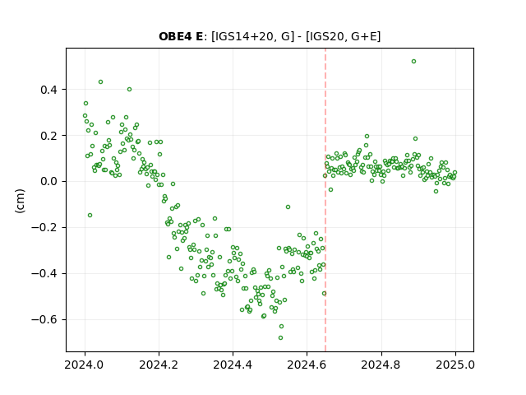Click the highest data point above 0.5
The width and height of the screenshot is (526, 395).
413,62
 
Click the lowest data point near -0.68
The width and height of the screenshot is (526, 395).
280,337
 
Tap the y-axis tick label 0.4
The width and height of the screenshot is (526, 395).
48,90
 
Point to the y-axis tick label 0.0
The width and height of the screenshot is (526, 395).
48,182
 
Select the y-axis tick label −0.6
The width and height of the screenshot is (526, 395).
44,320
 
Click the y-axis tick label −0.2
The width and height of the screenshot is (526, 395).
44,228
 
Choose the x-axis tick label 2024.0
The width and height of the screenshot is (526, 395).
85,365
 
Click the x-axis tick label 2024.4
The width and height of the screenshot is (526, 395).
233,365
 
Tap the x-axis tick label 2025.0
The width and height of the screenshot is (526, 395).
455,365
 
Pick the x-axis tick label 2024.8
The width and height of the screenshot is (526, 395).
381,365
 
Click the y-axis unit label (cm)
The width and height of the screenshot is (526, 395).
20,201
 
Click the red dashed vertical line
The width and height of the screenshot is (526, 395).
325,200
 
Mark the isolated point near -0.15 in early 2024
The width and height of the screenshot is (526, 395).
90,215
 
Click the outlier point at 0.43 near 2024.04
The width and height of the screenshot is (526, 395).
100,82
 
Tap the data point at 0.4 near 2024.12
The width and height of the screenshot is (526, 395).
129,90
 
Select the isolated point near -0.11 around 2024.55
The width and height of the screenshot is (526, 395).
288,207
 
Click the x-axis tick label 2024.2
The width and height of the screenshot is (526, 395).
159,365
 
